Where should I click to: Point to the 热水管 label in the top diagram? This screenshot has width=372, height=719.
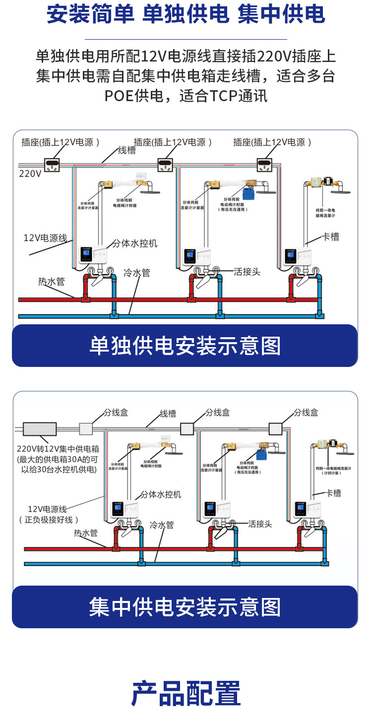pyautogui.click(x=52, y=282)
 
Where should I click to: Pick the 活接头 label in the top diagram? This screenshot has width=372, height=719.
pyautogui.click(x=247, y=272)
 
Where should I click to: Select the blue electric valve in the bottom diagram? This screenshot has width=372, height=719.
pyautogui.click(x=261, y=455)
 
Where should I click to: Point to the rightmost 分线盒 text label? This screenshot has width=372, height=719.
pyautogui.click(x=306, y=413)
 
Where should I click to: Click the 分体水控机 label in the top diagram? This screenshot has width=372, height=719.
pyautogui.click(x=135, y=243)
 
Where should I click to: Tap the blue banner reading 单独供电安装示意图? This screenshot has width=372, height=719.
pyautogui.click(x=185, y=346)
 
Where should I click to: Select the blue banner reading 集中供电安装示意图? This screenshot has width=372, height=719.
pyautogui.click(x=185, y=607)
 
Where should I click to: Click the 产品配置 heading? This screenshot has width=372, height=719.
pyautogui.click(x=186, y=693)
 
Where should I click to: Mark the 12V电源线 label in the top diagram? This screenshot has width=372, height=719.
pyautogui.click(x=45, y=238)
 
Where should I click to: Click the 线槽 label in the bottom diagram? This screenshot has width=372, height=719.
pyautogui.click(x=168, y=414)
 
